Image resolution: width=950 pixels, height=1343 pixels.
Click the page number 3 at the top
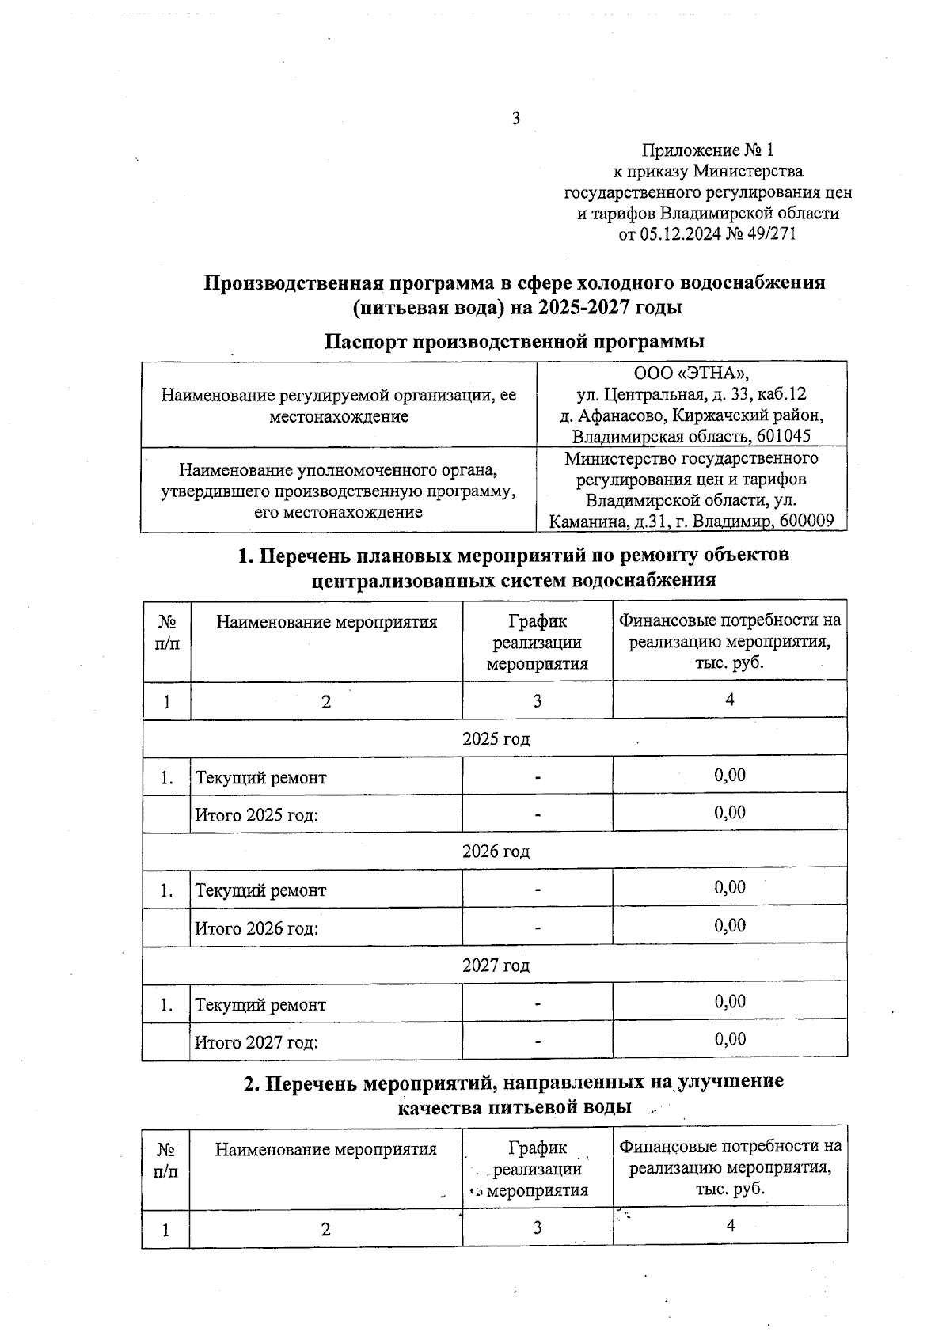[x=516, y=119]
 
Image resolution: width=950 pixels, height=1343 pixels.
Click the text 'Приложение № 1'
[x=708, y=150]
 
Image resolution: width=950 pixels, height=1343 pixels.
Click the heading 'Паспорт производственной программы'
[x=515, y=342]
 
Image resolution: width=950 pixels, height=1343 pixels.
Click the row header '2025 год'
[x=496, y=738]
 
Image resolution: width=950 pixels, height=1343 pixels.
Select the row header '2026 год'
[x=496, y=852]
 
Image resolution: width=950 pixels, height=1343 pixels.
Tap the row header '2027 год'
[x=496, y=966]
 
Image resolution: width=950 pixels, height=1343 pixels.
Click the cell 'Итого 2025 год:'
[x=256, y=814]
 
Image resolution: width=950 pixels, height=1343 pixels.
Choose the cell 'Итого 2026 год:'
[x=256, y=928]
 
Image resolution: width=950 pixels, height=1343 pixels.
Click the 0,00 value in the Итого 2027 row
[x=730, y=1039]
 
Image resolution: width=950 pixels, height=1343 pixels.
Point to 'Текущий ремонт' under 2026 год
[x=260, y=890]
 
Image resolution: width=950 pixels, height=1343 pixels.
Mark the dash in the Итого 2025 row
[x=538, y=814]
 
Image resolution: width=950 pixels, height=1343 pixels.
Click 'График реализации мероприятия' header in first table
[x=538, y=643]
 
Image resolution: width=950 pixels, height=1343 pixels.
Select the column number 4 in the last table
[x=730, y=1226]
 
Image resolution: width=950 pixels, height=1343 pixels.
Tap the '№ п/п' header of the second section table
[x=166, y=1159]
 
